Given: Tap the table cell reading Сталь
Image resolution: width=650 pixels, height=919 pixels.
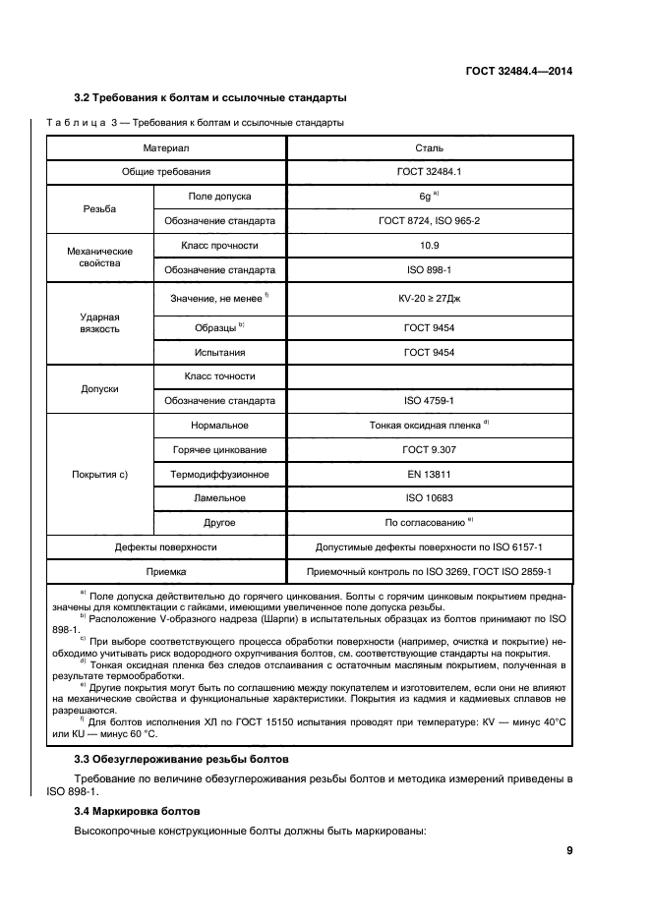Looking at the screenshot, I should (430, 147).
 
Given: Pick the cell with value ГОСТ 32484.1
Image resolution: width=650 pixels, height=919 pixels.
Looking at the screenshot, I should (430, 172).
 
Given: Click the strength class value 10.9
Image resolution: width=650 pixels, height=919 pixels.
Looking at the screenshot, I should (430, 245).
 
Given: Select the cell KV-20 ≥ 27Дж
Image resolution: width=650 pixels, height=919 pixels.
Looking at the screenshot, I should (430, 297).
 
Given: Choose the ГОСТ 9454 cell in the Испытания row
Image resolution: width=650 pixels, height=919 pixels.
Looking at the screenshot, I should (430, 351).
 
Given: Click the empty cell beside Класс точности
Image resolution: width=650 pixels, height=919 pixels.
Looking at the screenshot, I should (430, 376).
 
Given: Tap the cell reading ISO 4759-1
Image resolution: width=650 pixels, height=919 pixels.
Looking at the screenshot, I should (430, 401).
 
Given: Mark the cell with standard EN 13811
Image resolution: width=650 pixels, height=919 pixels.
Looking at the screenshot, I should (430, 474).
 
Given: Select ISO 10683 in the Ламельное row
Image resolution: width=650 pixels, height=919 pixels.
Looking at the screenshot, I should (430, 498).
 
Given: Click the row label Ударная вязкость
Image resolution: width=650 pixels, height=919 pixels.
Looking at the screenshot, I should (99, 323).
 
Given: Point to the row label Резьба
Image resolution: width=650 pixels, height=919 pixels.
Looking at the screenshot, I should (99, 209).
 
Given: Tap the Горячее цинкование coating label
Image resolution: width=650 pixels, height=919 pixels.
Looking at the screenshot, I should (219, 449).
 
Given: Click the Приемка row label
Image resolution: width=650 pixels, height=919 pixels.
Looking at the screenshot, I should (165, 571).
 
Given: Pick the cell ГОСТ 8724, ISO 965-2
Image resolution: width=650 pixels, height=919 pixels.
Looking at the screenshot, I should (430, 221).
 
